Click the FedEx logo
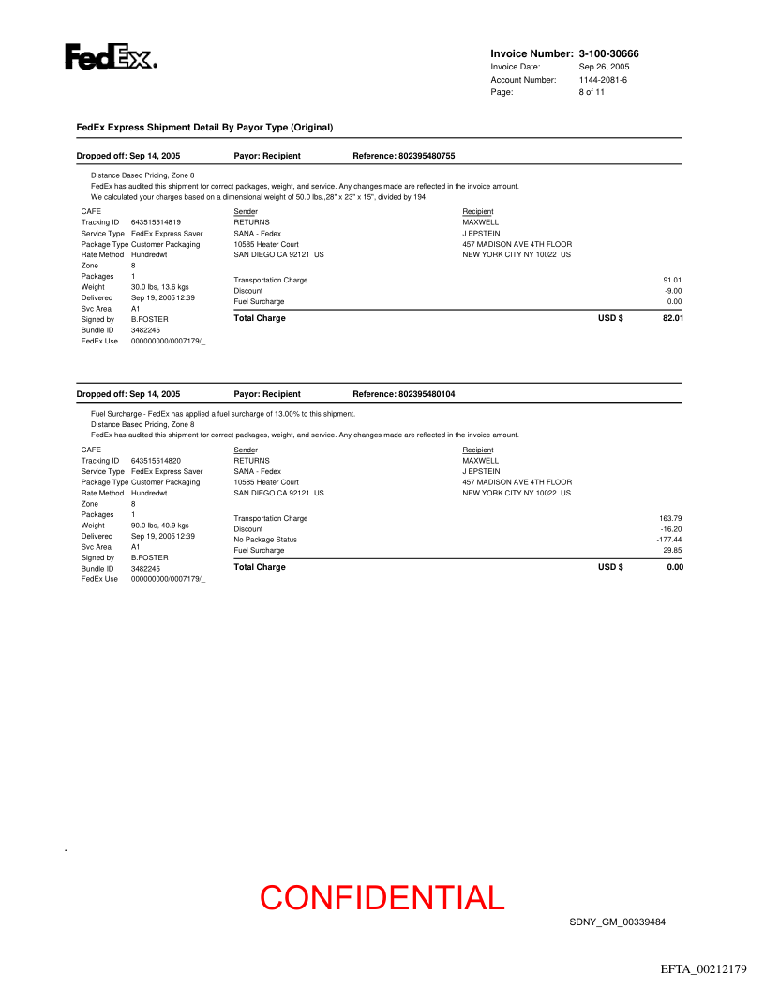click(x=111, y=57)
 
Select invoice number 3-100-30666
click(x=615, y=53)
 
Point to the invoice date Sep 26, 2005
click(x=604, y=68)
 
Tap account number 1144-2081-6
click(x=603, y=80)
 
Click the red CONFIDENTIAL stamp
click(x=382, y=897)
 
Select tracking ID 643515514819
click(x=156, y=222)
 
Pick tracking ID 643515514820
click(x=156, y=461)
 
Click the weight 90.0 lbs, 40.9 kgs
click(x=160, y=526)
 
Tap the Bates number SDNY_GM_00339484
click(x=617, y=922)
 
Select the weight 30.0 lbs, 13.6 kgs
click(x=160, y=287)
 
